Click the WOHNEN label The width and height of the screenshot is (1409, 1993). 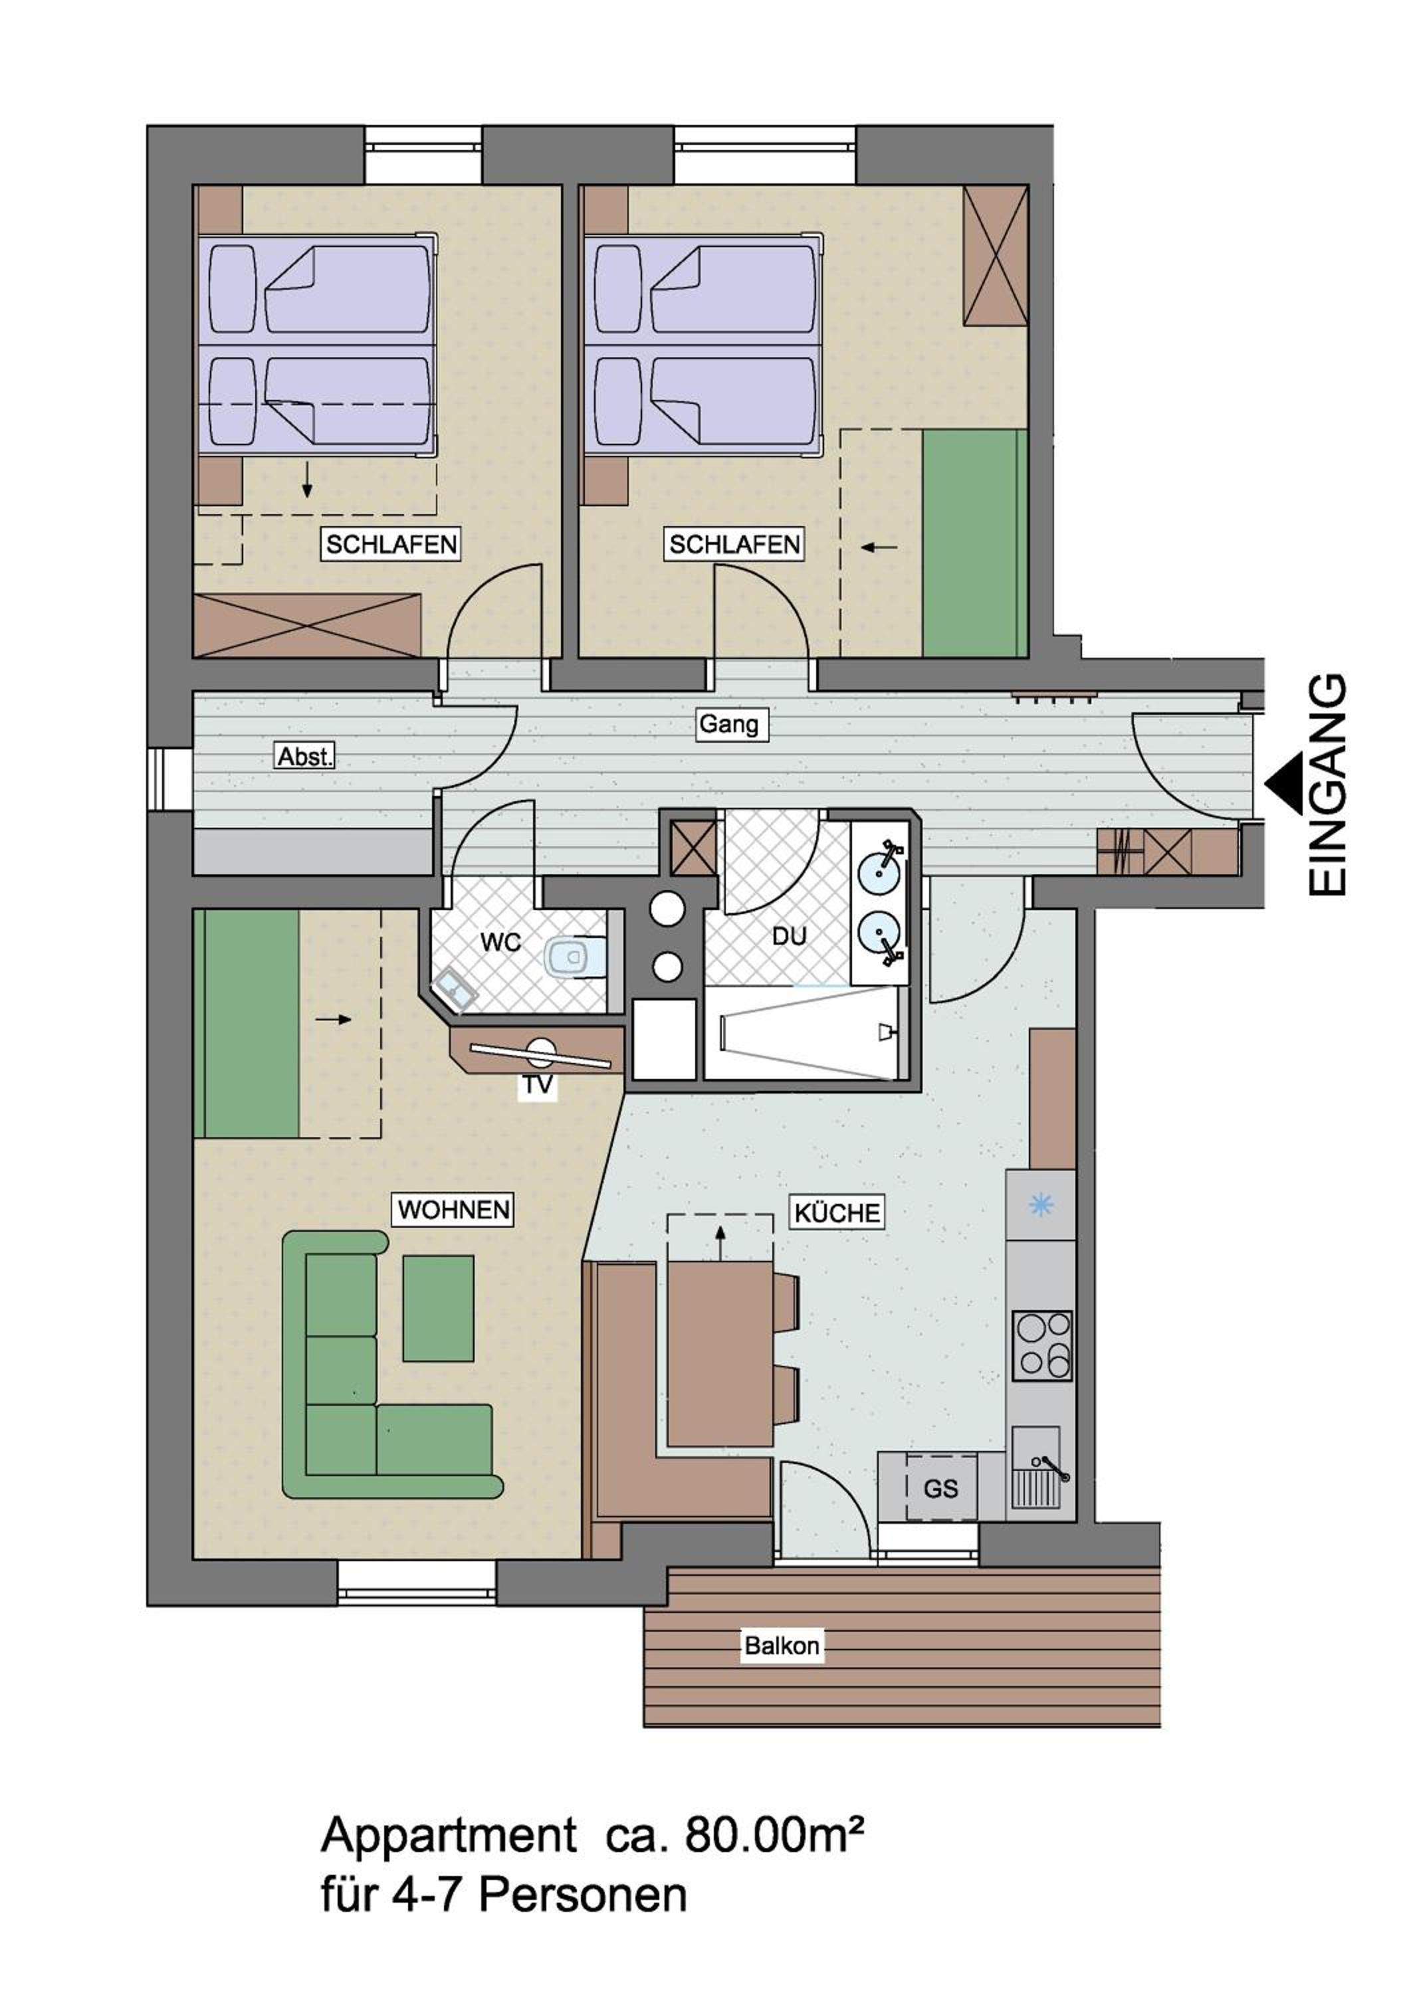tap(454, 1210)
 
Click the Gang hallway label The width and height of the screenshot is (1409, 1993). tap(728, 724)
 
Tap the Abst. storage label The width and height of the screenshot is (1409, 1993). tap(304, 756)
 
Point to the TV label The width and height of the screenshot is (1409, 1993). tap(538, 1084)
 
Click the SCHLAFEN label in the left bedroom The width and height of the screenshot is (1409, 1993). tap(391, 544)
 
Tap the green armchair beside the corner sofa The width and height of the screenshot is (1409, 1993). tap(439, 1308)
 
